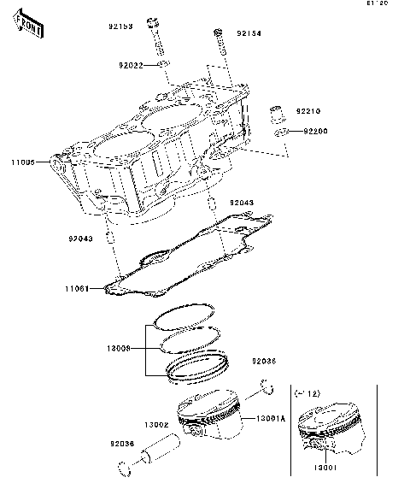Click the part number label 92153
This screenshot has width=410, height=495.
(120, 27)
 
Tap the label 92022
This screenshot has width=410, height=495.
(131, 65)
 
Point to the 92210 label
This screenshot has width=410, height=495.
(308, 111)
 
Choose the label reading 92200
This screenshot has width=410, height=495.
(314, 132)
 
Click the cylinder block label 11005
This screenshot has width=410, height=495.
(23, 162)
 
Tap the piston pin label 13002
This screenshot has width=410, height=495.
(155, 425)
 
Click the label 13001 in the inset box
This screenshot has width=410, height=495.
(322, 468)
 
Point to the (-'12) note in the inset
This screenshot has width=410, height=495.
(307, 392)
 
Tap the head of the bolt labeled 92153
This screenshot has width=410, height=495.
(153, 22)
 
